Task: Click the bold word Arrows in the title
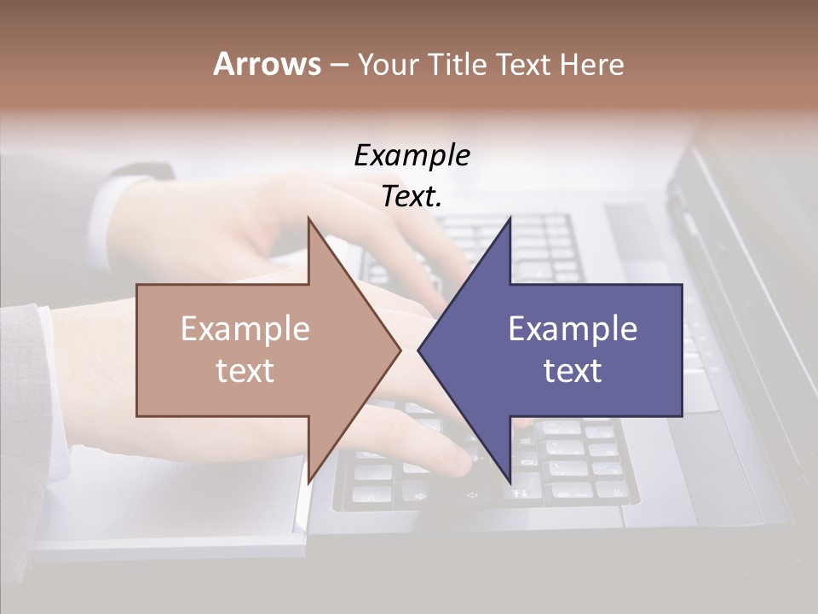tap(267, 64)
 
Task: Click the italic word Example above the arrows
tap(412, 156)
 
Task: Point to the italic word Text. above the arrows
tap(412, 197)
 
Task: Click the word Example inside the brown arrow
tap(245, 329)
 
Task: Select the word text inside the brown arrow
tap(245, 371)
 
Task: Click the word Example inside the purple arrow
tap(573, 329)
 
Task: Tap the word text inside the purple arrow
tap(573, 371)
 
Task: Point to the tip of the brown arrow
tap(400, 350)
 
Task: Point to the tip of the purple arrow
tap(418, 350)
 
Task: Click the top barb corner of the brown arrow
tap(308, 218)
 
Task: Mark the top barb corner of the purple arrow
tap(510, 218)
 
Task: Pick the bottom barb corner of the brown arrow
tap(308, 482)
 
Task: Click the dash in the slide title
tap(338, 65)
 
